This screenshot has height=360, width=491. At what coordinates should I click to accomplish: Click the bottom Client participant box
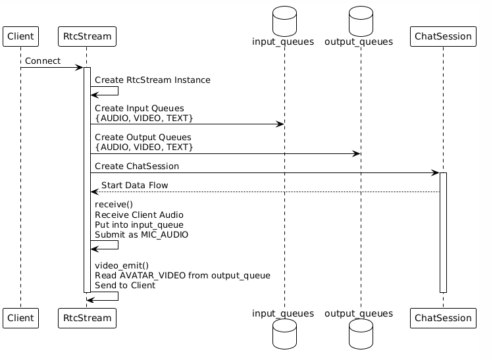tap(20, 319)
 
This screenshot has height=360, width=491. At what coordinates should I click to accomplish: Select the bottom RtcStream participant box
tap(87, 319)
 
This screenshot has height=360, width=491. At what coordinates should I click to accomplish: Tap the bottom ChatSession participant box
tap(442, 319)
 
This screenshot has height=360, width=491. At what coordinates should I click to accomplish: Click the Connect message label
tap(43, 61)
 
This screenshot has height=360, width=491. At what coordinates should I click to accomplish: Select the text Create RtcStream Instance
tap(153, 80)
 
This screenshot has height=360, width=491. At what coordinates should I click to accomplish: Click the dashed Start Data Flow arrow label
tap(134, 186)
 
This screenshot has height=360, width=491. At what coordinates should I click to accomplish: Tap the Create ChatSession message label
tap(137, 167)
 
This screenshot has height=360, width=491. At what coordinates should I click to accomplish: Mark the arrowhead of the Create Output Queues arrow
tap(357, 153)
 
